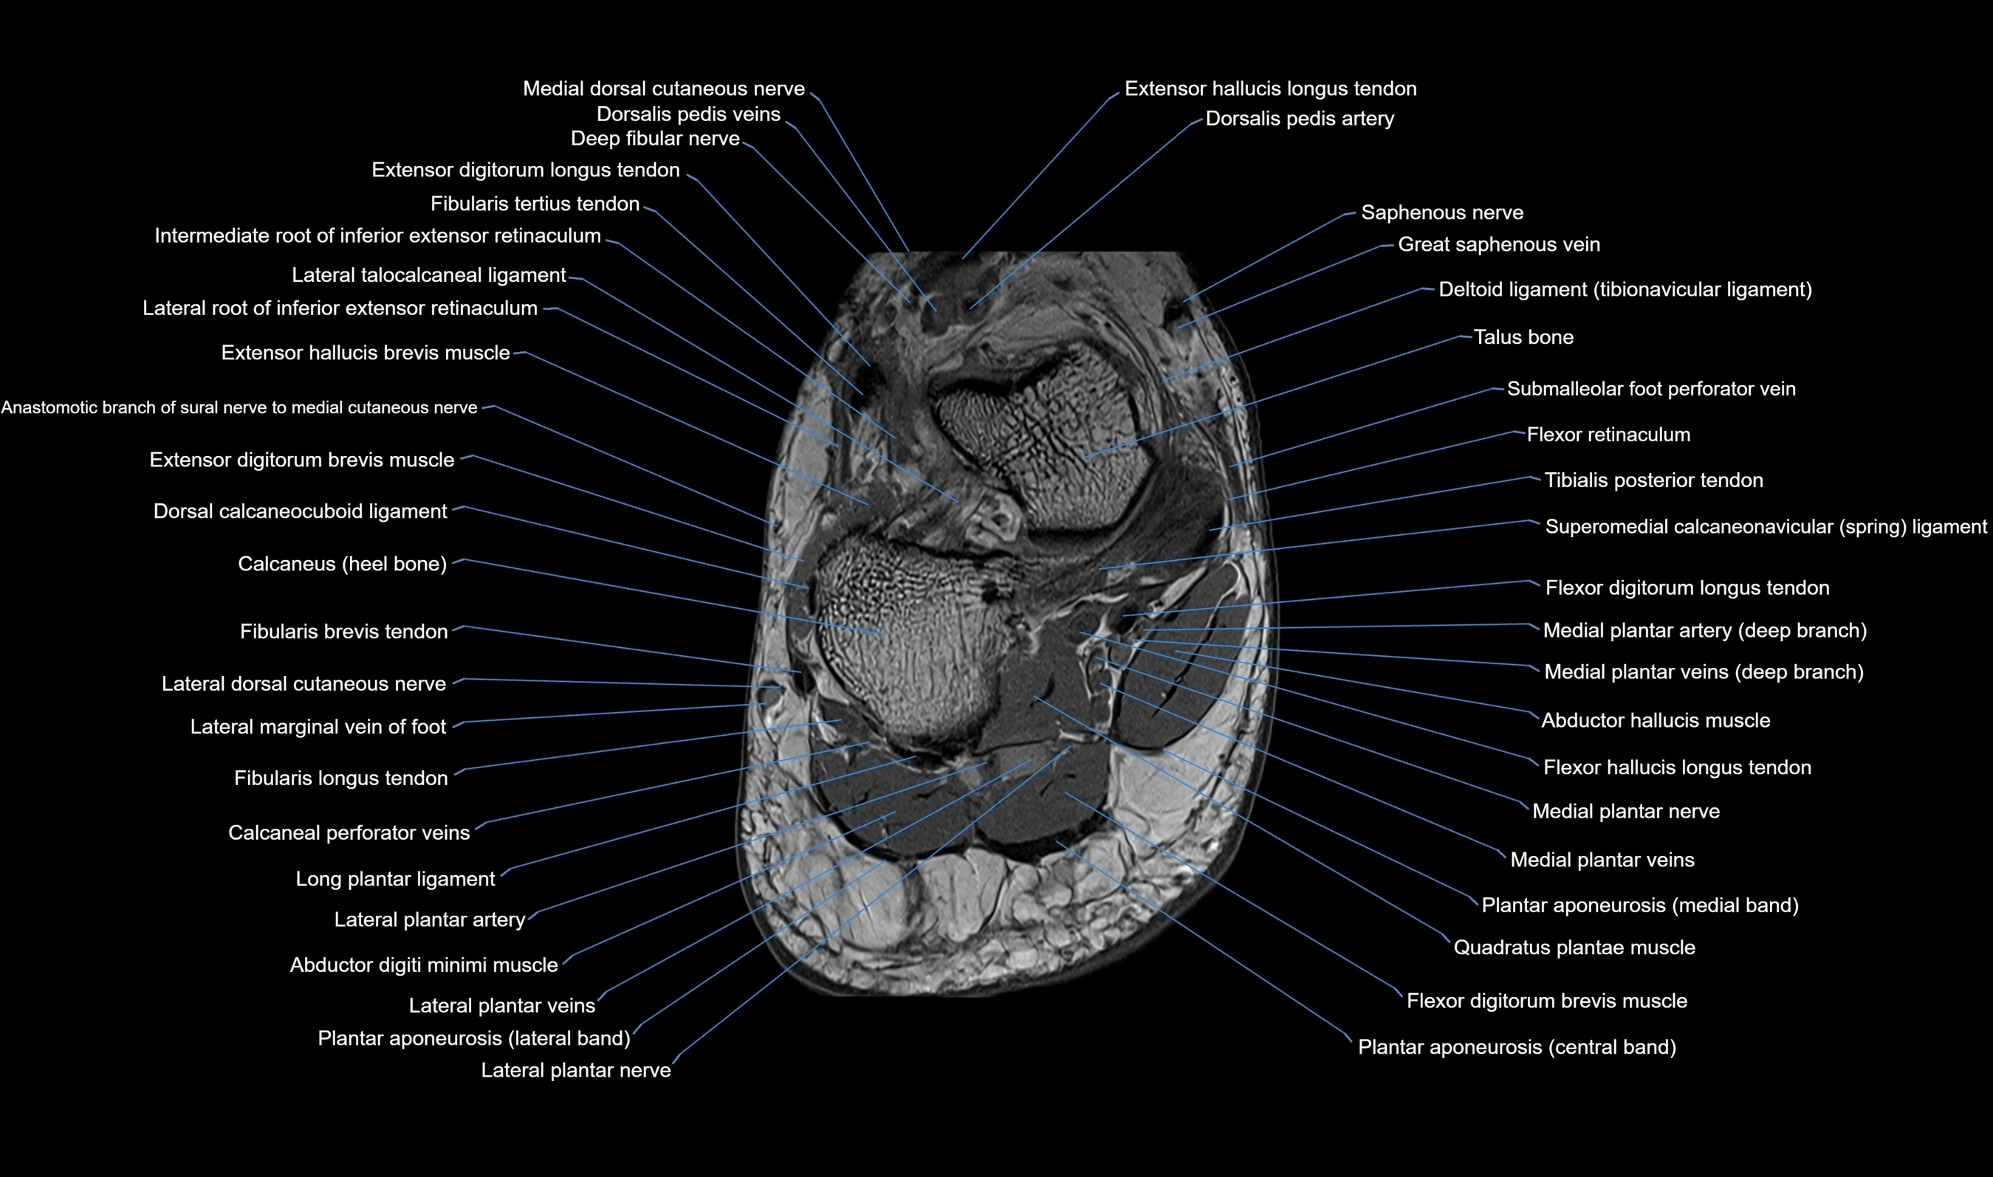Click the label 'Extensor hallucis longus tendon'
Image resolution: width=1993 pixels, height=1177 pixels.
coord(1270,89)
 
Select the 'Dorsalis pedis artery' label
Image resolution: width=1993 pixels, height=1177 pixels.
coord(1300,119)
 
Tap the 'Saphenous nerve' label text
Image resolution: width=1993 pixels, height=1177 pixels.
coord(1441,213)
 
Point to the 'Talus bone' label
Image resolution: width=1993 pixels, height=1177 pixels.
coord(1523,337)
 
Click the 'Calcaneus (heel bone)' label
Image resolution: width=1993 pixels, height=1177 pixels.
coord(342,564)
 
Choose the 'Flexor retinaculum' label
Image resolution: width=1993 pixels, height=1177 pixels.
coord(1608,435)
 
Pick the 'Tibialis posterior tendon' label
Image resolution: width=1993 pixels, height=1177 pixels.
coord(1653,480)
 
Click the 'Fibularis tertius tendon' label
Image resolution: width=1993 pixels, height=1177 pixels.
coord(535,204)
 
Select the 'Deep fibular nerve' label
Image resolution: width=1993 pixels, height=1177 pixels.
coord(654,139)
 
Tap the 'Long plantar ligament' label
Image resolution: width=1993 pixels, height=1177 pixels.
coord(395,879)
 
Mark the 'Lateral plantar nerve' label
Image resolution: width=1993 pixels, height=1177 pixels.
coord(576,1070)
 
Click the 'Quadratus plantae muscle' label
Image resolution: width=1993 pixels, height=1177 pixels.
coord(1574,948)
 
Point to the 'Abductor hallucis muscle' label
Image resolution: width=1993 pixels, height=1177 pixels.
coord(1656,721)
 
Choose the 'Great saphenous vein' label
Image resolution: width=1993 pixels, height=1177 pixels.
coord(1499,244)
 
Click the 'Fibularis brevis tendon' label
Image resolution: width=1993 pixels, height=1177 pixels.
coord(343,632)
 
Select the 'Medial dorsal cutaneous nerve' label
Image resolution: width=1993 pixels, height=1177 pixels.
coord(663,89)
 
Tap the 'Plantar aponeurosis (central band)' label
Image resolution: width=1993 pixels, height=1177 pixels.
coord(1517,1047)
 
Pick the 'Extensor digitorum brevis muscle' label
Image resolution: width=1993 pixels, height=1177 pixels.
coord(301,460)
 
